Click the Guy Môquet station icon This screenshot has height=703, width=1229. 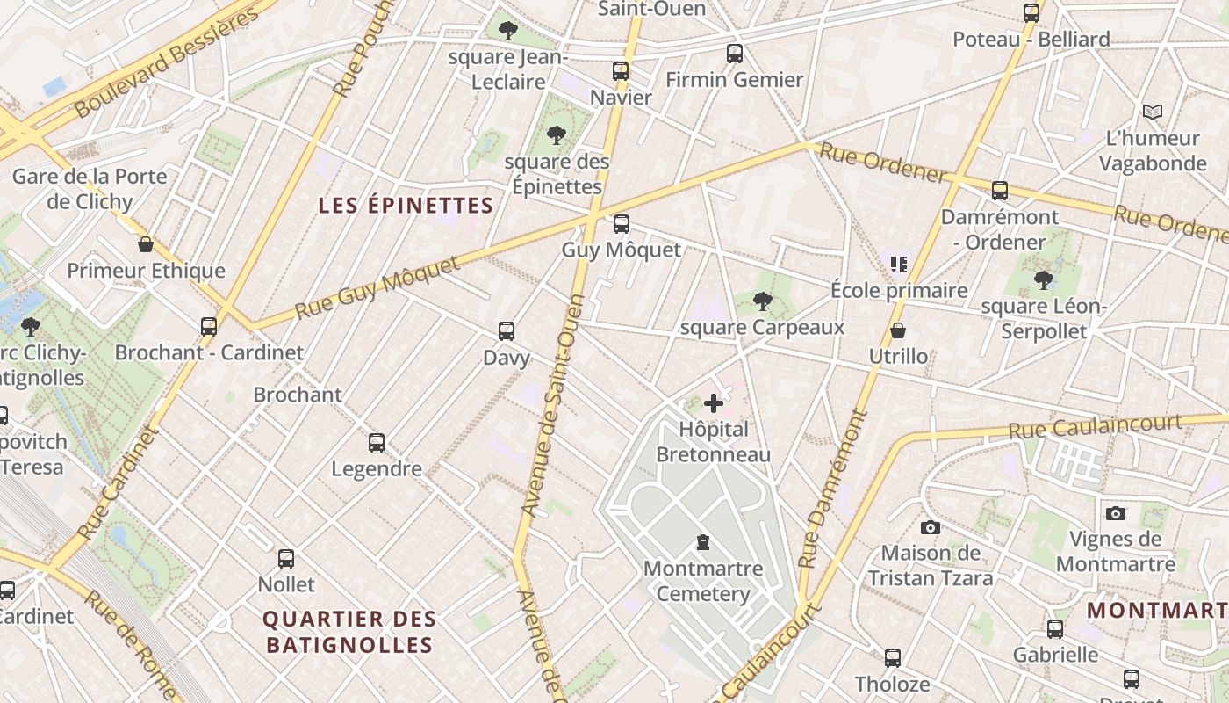coord(622,224)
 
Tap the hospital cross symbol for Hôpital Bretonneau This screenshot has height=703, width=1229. coord(714,403)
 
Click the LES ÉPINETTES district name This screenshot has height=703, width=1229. coord(406,206)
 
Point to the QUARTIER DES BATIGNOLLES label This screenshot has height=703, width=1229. coord(349,632)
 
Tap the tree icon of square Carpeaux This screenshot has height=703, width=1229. coord(762,301)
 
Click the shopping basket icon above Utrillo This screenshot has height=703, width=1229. coord(898,330)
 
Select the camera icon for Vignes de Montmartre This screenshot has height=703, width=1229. coord(1116,513)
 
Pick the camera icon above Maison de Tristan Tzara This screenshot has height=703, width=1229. coord(931,527)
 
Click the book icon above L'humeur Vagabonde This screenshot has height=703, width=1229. coord(1153,112)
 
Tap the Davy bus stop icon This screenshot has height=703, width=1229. coord(507,331)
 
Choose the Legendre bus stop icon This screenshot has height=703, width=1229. coord(377,442)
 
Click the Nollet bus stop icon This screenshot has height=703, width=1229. coord(286,558)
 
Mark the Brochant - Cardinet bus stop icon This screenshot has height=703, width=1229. coord(209,326)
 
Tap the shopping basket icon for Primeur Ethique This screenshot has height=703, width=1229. coord(146,244)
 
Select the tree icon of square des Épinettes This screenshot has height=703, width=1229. coord(556,135)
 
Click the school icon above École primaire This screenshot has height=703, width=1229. coord(898,264)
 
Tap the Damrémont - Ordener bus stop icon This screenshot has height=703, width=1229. coord(1000,190)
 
